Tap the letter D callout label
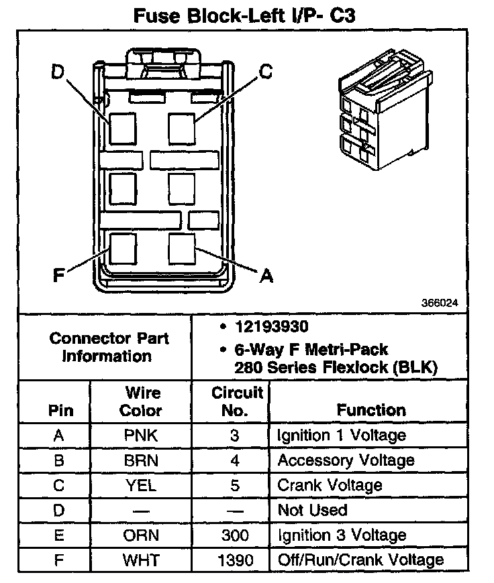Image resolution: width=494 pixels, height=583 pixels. (x=58, y=72)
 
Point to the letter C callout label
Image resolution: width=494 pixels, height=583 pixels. (x=266, y=72)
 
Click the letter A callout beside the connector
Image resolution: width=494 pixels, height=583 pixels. (x=266, y=275)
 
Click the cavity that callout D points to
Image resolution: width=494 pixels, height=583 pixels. (x=121, y=128)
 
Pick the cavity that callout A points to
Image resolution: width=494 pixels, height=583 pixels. (x=181, y=249)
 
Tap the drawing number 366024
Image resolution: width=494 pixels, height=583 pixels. (x=440, y=303)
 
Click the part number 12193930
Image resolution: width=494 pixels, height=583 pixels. (x=272, y=328)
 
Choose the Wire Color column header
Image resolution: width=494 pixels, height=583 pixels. (x=143, y=401)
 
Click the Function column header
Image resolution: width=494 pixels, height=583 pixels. (x=371, y=409)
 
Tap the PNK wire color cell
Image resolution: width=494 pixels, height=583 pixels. (x=141, y=436)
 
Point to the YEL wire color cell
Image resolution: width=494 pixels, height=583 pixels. (x=141, y=485)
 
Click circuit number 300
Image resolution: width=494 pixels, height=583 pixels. (x=234, y=535)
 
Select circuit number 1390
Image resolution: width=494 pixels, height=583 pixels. (x=234, y=560)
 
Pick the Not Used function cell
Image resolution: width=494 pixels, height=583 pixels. (x=313, y=510)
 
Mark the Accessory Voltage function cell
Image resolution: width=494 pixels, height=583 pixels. (x=346, y=460)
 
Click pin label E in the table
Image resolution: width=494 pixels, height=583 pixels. (x=59, y=535)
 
